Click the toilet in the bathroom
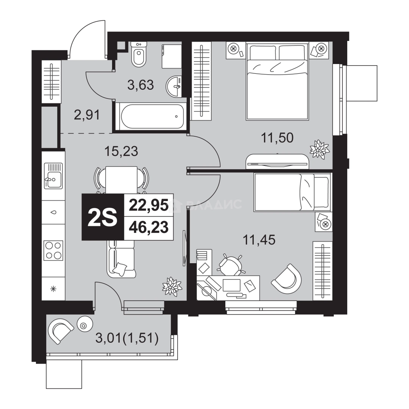click(x=139, y=54)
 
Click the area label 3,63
click(x=140, y=85)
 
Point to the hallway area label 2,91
click(x=87, y=115)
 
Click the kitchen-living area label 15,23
click(x=121, y=151)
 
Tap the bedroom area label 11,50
click(x=277, y=138)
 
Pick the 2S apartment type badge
click(x=103, y=217)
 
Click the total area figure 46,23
click(x=149, y=228)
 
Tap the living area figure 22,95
click(x=149, y=205)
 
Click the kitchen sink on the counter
click(x=53, y=176)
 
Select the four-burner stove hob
click(x=53, y=250)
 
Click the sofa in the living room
click(x=121, y=258)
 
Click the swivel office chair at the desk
click(x=230, y=265)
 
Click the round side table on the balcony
click(x=85, y=324)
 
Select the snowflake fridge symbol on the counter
click(x=53, y=289)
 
